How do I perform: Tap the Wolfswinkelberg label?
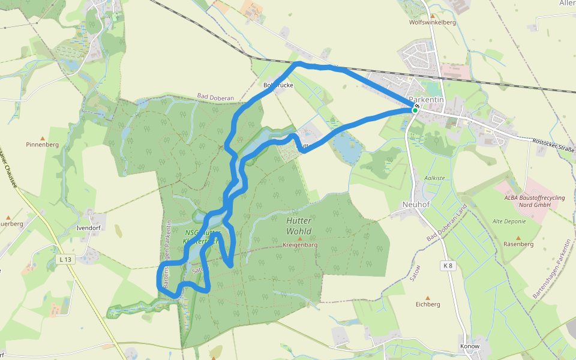pos(432,22)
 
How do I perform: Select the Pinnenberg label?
pos(42,145)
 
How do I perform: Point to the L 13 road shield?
pos(65,259)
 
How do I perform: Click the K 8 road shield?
pos(448,265)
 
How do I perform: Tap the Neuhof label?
pos(415,205)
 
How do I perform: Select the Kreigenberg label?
pos(300,245)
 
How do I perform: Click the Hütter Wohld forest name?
pos(298,226)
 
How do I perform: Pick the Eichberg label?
pos(428,304)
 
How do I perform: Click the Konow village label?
pos(469,346)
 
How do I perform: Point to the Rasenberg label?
pos(518,244)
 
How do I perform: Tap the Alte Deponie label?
pos(509,221)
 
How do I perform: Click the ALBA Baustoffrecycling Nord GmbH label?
pos(527,200)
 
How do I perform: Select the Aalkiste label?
pos(434,178)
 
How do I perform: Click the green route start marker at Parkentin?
pos(415,110)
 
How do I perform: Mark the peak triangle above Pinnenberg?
pos(42,137)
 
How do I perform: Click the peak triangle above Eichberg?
pos(428,297)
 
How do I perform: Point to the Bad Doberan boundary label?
pos(215,97)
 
